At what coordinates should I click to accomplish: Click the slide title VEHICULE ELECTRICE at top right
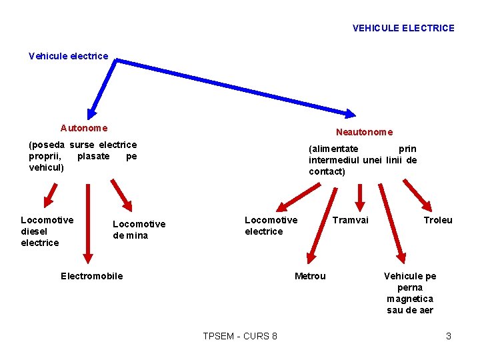click(403, 28)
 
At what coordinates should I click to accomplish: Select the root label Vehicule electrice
click(68, 56)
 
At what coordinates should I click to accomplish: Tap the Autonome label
click(84, 127)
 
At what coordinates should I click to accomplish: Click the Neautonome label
click(364, 132)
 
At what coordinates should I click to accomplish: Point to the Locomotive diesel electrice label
click(47, 231)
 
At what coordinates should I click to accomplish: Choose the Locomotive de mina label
click(139, 229)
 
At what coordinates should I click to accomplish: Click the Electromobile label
click(91, 276)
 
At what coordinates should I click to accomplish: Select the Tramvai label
click(351, 220)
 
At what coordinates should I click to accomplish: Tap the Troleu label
click(438, 220)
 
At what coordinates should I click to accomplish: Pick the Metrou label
click(310, 276)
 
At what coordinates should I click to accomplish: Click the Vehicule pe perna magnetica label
click(410, 293)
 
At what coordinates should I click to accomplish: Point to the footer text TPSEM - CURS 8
click(240, 336)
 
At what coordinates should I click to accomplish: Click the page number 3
click(449, 336)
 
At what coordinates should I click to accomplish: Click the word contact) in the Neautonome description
click(327, 171)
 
